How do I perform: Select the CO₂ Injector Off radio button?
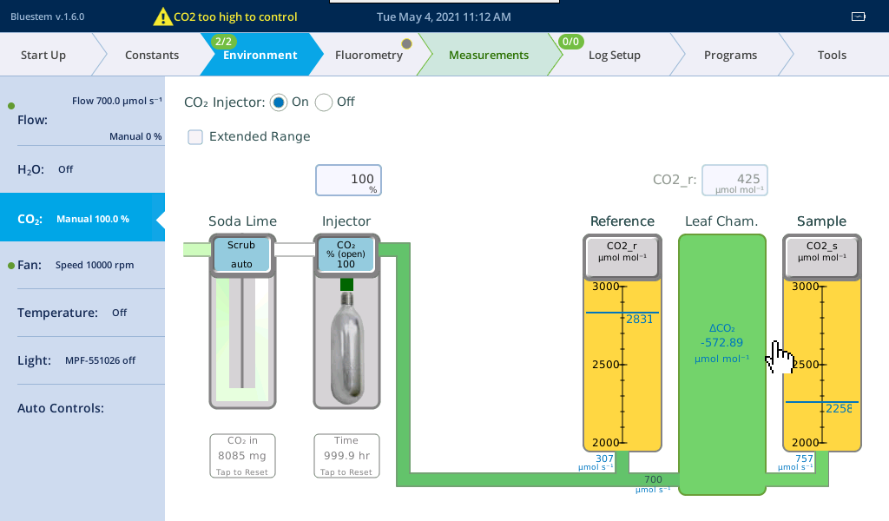[x=324, y=102]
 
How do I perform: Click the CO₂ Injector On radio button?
[x=279, y=102]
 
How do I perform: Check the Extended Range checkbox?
[x=195, y=137]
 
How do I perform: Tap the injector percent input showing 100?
[x=348, y=181]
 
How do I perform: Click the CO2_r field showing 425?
[x=734, y=181]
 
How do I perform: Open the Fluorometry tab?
[x=368, y=55]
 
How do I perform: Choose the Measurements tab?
[x=489, y=55]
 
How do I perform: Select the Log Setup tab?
[x=615, y=55]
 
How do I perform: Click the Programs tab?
[x=730, y=55]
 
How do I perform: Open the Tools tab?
[x=832, y=55]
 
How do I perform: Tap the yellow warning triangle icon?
[x=162, y=17]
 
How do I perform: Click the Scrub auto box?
[x=241, y=254]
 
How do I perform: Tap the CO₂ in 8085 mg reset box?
[x=242, y=456]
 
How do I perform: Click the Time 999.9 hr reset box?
[x=346, y=456]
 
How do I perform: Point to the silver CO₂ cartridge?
[x=346, y=347]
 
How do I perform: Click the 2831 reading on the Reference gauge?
[x=640, y=320]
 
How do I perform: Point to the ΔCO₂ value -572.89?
[x=721, y=342]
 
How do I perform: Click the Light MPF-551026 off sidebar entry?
[x=76, y=360]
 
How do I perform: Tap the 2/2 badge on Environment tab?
[x=223, y=42]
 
